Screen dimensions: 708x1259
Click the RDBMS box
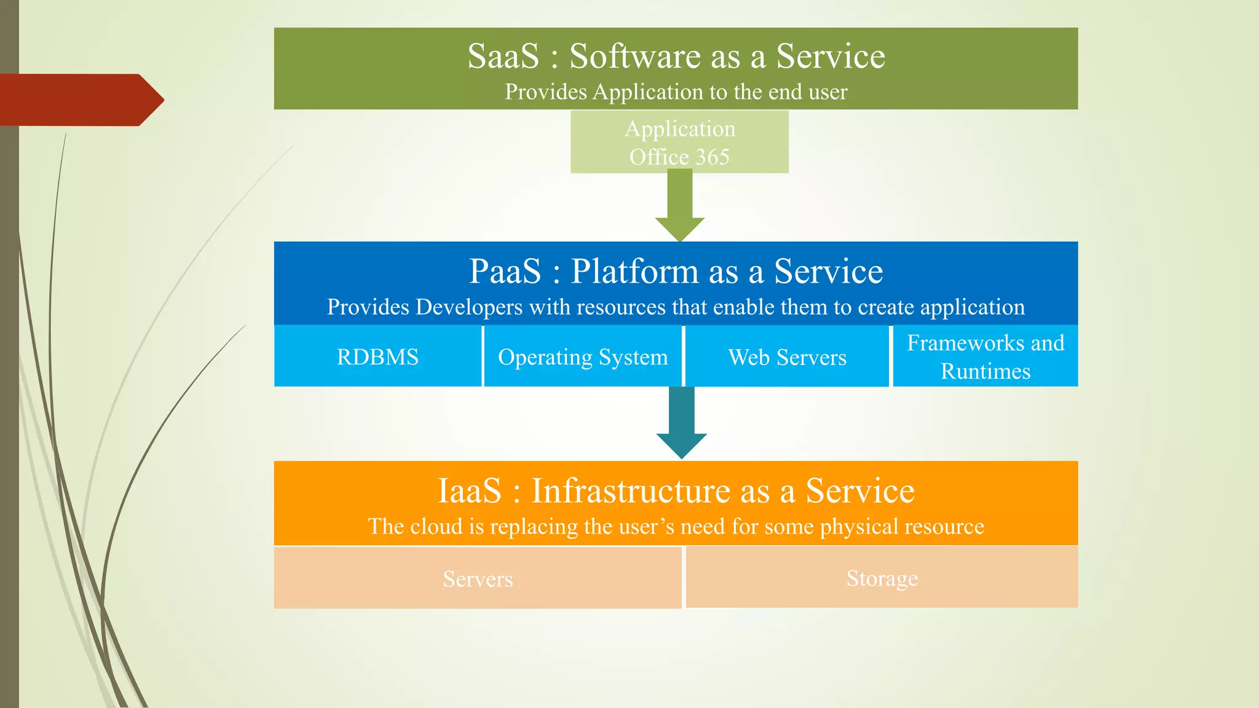click(377, 356)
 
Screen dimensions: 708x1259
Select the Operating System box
click(583, 356)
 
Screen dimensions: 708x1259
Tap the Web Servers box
click(787, 356)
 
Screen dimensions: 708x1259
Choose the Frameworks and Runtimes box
click(985, 356)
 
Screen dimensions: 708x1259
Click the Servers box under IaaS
click(478, 578)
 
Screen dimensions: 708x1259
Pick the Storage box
click(882, 578)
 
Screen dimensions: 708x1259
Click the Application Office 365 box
click(679, 142)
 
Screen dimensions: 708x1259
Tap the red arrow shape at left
click(80, 100)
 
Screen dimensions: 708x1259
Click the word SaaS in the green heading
click(503, 56)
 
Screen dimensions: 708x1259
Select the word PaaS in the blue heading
click(505, 271)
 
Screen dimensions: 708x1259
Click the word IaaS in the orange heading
click(469, 490)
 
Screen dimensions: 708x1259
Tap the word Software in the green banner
click(634, 56)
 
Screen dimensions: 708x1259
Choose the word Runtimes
click(985, 371)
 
